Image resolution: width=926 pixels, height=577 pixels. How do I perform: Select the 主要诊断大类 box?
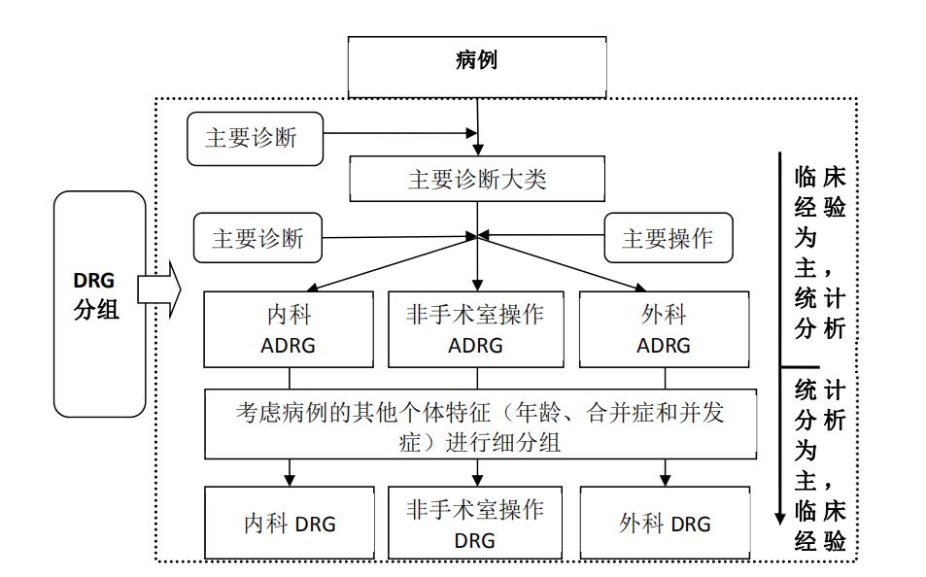[x=476, y=180]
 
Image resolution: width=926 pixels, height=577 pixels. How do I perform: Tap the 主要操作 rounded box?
[x=666, y=239]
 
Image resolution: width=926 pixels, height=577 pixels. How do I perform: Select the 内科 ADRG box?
[x=289, y=330]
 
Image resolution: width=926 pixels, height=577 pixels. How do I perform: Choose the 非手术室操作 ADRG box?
[x=476, y=330]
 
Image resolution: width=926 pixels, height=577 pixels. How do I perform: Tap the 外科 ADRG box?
[x=665, y=330]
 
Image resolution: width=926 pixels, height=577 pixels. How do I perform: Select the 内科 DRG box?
[x=289, y=524]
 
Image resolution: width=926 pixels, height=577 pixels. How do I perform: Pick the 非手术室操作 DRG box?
[x=476, y=524]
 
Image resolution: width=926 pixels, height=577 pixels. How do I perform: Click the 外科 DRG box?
[x=665, y=524]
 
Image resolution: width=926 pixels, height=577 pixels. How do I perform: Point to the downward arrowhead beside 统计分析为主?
[x=779, y=516]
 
